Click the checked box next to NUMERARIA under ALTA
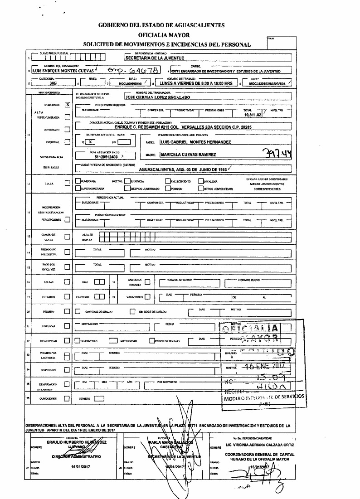tap(68, 104)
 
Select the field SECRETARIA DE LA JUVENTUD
tap(154, 58)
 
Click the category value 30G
tap(54, 84)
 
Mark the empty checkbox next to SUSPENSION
tap(68, 370)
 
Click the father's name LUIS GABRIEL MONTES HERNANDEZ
tap(195, 142)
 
